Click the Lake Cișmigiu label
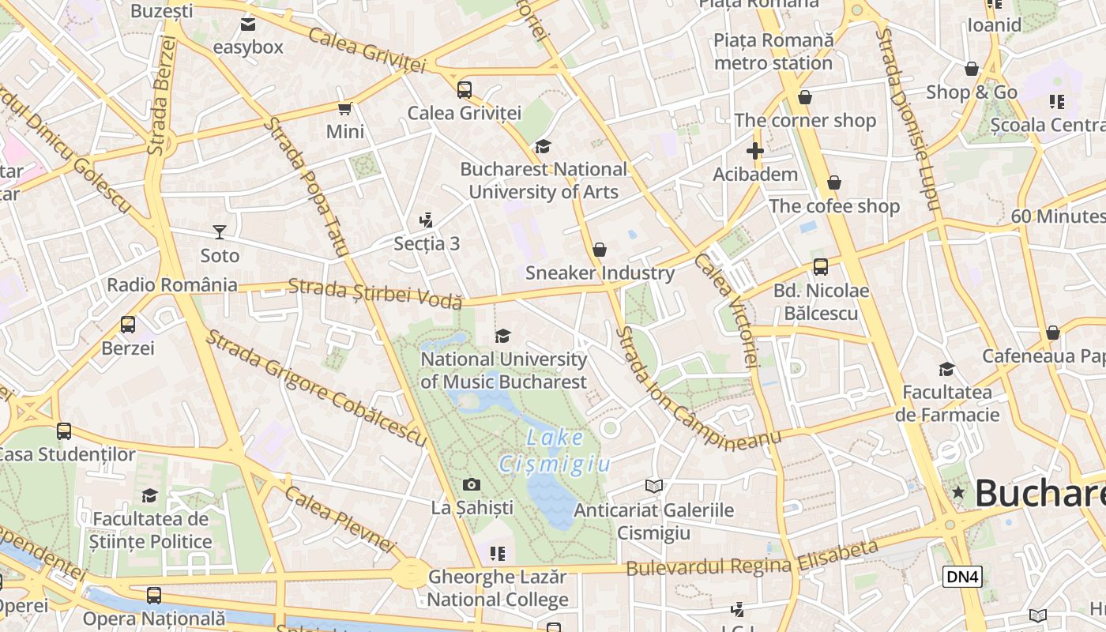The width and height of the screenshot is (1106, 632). tap(555, 450)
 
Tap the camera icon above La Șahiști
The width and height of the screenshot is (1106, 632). tap(472, 484)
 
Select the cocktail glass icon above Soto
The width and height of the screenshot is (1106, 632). tap(220, 231)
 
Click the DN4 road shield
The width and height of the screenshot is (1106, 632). tap(962, 577)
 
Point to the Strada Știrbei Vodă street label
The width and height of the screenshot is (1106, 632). tap(374, 293)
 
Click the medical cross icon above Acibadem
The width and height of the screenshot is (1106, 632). tap(754, 150)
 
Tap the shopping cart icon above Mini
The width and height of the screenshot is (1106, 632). tap(344, 108)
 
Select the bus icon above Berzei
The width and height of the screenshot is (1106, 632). tap(127, 324)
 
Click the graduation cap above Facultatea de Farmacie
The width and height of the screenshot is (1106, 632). tap(946, 369)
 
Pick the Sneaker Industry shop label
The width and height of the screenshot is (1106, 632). tap(600, 273)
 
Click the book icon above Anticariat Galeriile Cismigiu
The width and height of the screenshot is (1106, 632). tap(653, 486)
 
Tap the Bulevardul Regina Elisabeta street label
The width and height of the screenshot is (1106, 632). tap(752, 559)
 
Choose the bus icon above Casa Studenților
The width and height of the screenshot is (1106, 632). tap(64, 431)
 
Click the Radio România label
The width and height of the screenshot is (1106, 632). tap(172, 285)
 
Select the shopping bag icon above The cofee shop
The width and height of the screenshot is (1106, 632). tap(833, 183)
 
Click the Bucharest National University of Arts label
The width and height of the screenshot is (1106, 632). tap(544, 180)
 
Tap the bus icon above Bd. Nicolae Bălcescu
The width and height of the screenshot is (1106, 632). tap(821, 267)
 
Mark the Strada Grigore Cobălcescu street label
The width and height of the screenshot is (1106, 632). tap(316, 387)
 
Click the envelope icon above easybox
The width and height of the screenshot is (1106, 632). tap(248, 24)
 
